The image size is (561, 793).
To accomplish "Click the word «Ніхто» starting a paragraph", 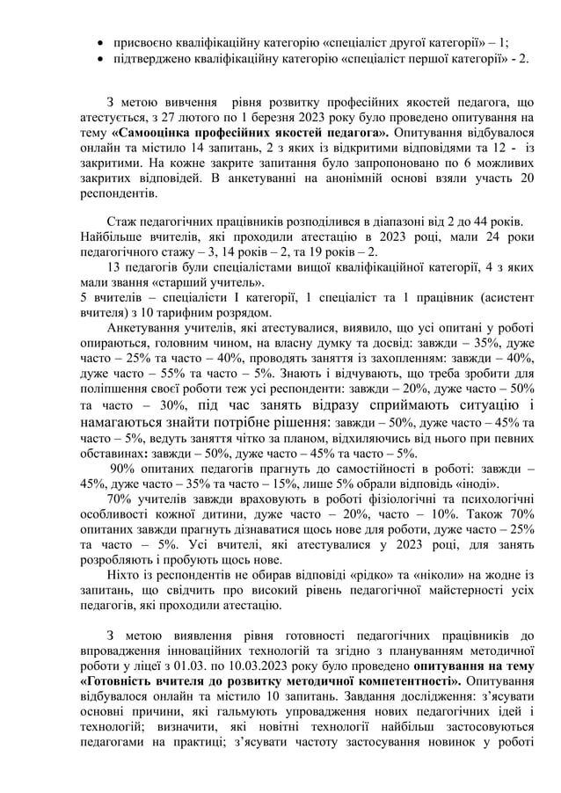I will [123, 573].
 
